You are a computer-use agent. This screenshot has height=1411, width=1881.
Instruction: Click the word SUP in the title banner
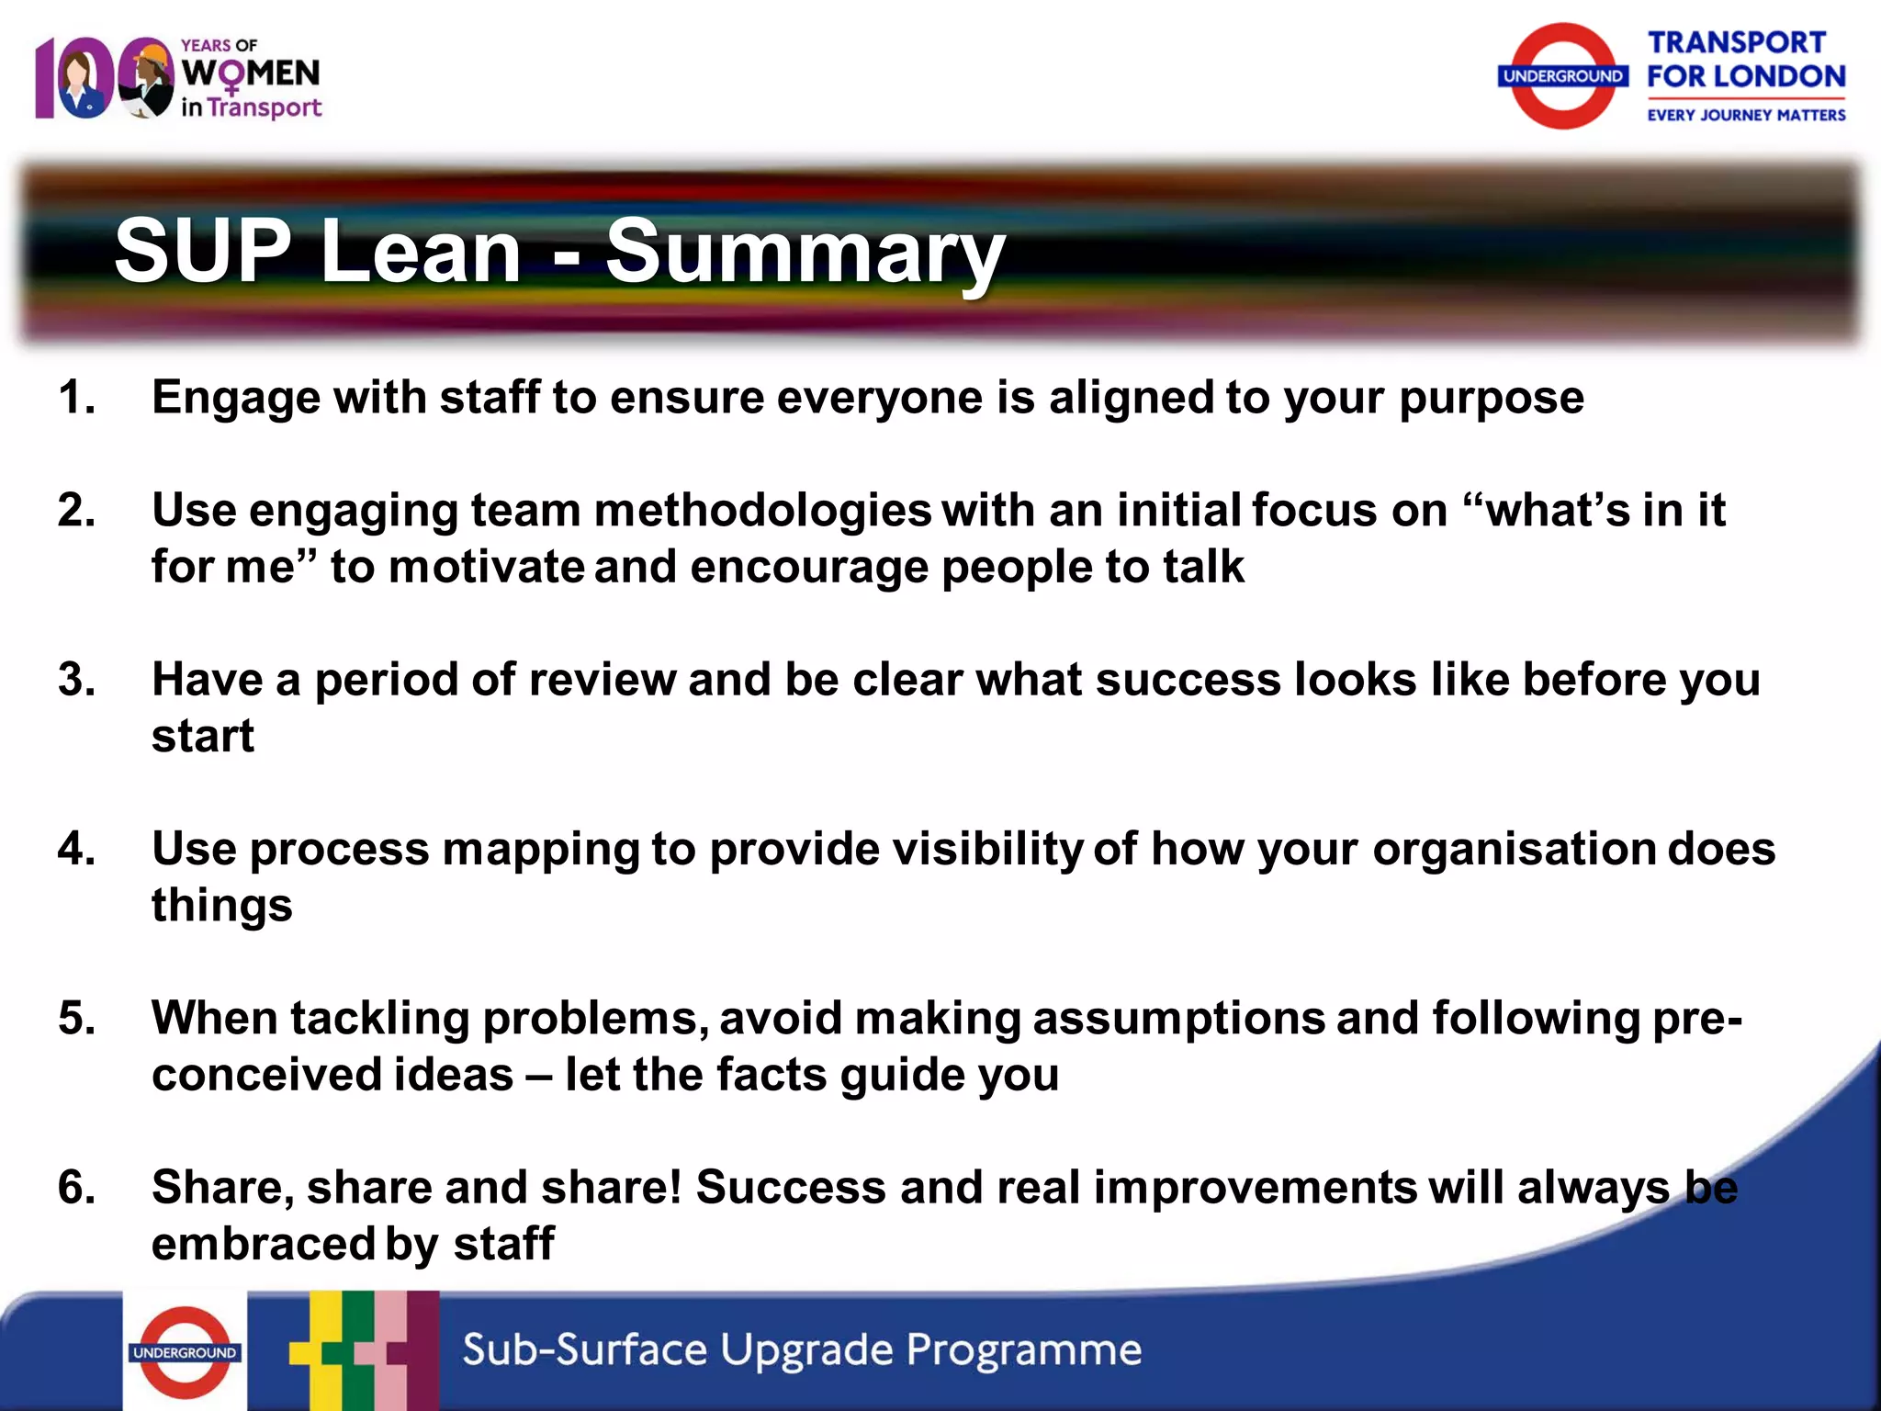202,251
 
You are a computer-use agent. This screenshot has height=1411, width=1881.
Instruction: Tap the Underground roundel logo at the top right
1562,76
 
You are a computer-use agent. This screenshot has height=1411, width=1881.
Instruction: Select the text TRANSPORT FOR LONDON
1744,60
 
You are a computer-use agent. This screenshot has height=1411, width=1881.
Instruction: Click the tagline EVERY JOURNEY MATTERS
1745,115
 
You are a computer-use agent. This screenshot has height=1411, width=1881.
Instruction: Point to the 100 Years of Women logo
179,78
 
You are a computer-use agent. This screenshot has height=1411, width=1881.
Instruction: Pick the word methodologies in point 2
762,511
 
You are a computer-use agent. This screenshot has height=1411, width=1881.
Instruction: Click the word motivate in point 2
486,567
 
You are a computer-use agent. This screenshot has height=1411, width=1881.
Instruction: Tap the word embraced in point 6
263,1245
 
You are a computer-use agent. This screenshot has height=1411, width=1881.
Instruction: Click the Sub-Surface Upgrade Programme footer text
801,1349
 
